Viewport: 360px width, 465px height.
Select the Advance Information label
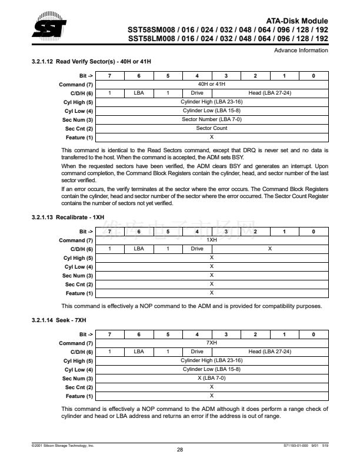pyautogui.click(x=301, y=51)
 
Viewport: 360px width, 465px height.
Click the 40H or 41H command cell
pyautogui.click(x=212, y=85)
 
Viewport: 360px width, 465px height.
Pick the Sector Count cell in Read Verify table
pyautogui.click(x=212, y=128)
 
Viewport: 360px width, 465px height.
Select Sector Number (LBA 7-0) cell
pyautogui.click(x=212, y=119)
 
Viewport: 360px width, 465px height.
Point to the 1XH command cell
pyautogui.click(x=212, y=240)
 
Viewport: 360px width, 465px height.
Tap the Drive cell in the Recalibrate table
pyautogui.click(x=197, y=249)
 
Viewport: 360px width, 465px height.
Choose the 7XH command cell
pyautogui.click(x=212, y=343)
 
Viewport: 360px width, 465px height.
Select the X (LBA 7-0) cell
pyautogui.click(x=212, y=378)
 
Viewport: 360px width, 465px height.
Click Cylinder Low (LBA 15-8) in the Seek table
pyautogui.click(x=212, y=369)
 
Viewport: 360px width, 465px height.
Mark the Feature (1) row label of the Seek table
pyautogui.click(x=79, y=396)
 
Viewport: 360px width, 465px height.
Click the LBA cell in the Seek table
pyautogui.click(x=139, y=352)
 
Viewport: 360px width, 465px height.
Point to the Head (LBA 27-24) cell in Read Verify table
pyautogui.click(x=269, y=93)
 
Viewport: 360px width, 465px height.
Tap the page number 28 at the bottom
pyautogui.click(x=180, y=450)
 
